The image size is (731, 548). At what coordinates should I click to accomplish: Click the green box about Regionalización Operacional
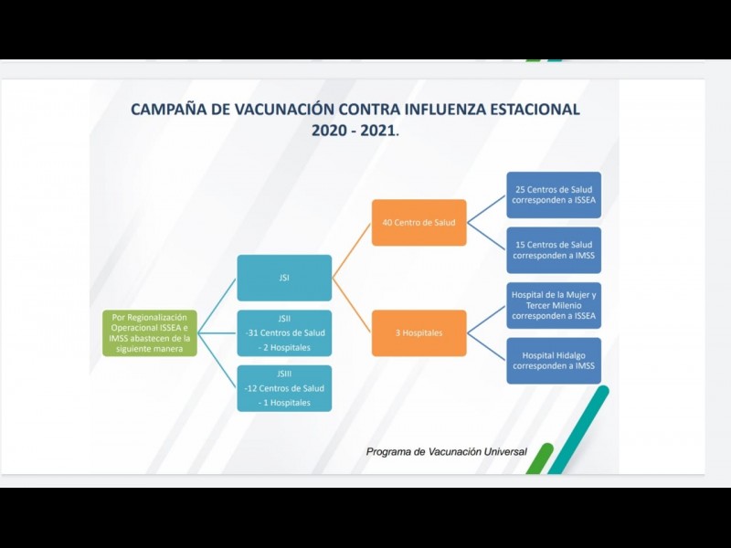(x=149, y=332)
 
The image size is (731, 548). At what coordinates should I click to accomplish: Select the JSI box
(x=284, y=278)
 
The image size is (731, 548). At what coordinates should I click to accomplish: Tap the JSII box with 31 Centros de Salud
(x=284, y=332)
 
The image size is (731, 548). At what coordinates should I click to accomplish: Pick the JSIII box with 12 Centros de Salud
(x=284, y=388)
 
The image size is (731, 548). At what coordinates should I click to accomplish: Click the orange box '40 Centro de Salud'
(x=418, y=222)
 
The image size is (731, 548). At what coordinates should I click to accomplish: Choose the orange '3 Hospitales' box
(x=418, y=332)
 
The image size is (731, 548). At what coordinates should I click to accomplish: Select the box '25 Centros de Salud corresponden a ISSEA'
(x=554, y=195)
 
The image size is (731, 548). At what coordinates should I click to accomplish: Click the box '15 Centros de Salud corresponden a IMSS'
(x=554, y=250)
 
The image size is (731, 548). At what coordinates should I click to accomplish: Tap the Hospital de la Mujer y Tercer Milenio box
(x=554, y=305)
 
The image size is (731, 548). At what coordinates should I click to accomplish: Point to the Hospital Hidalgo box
(x=554, y=361)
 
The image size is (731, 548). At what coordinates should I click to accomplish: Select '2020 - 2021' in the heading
(x=354, y=131)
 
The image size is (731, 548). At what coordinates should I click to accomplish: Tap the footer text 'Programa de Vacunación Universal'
(x=446, y=452)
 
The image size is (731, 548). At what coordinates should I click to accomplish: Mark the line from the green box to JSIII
(x=217, y=360)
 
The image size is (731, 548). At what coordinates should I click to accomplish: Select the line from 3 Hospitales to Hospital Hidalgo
(x=487, y=347)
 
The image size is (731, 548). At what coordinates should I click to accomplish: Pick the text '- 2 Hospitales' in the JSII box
(x=284, y=347)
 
